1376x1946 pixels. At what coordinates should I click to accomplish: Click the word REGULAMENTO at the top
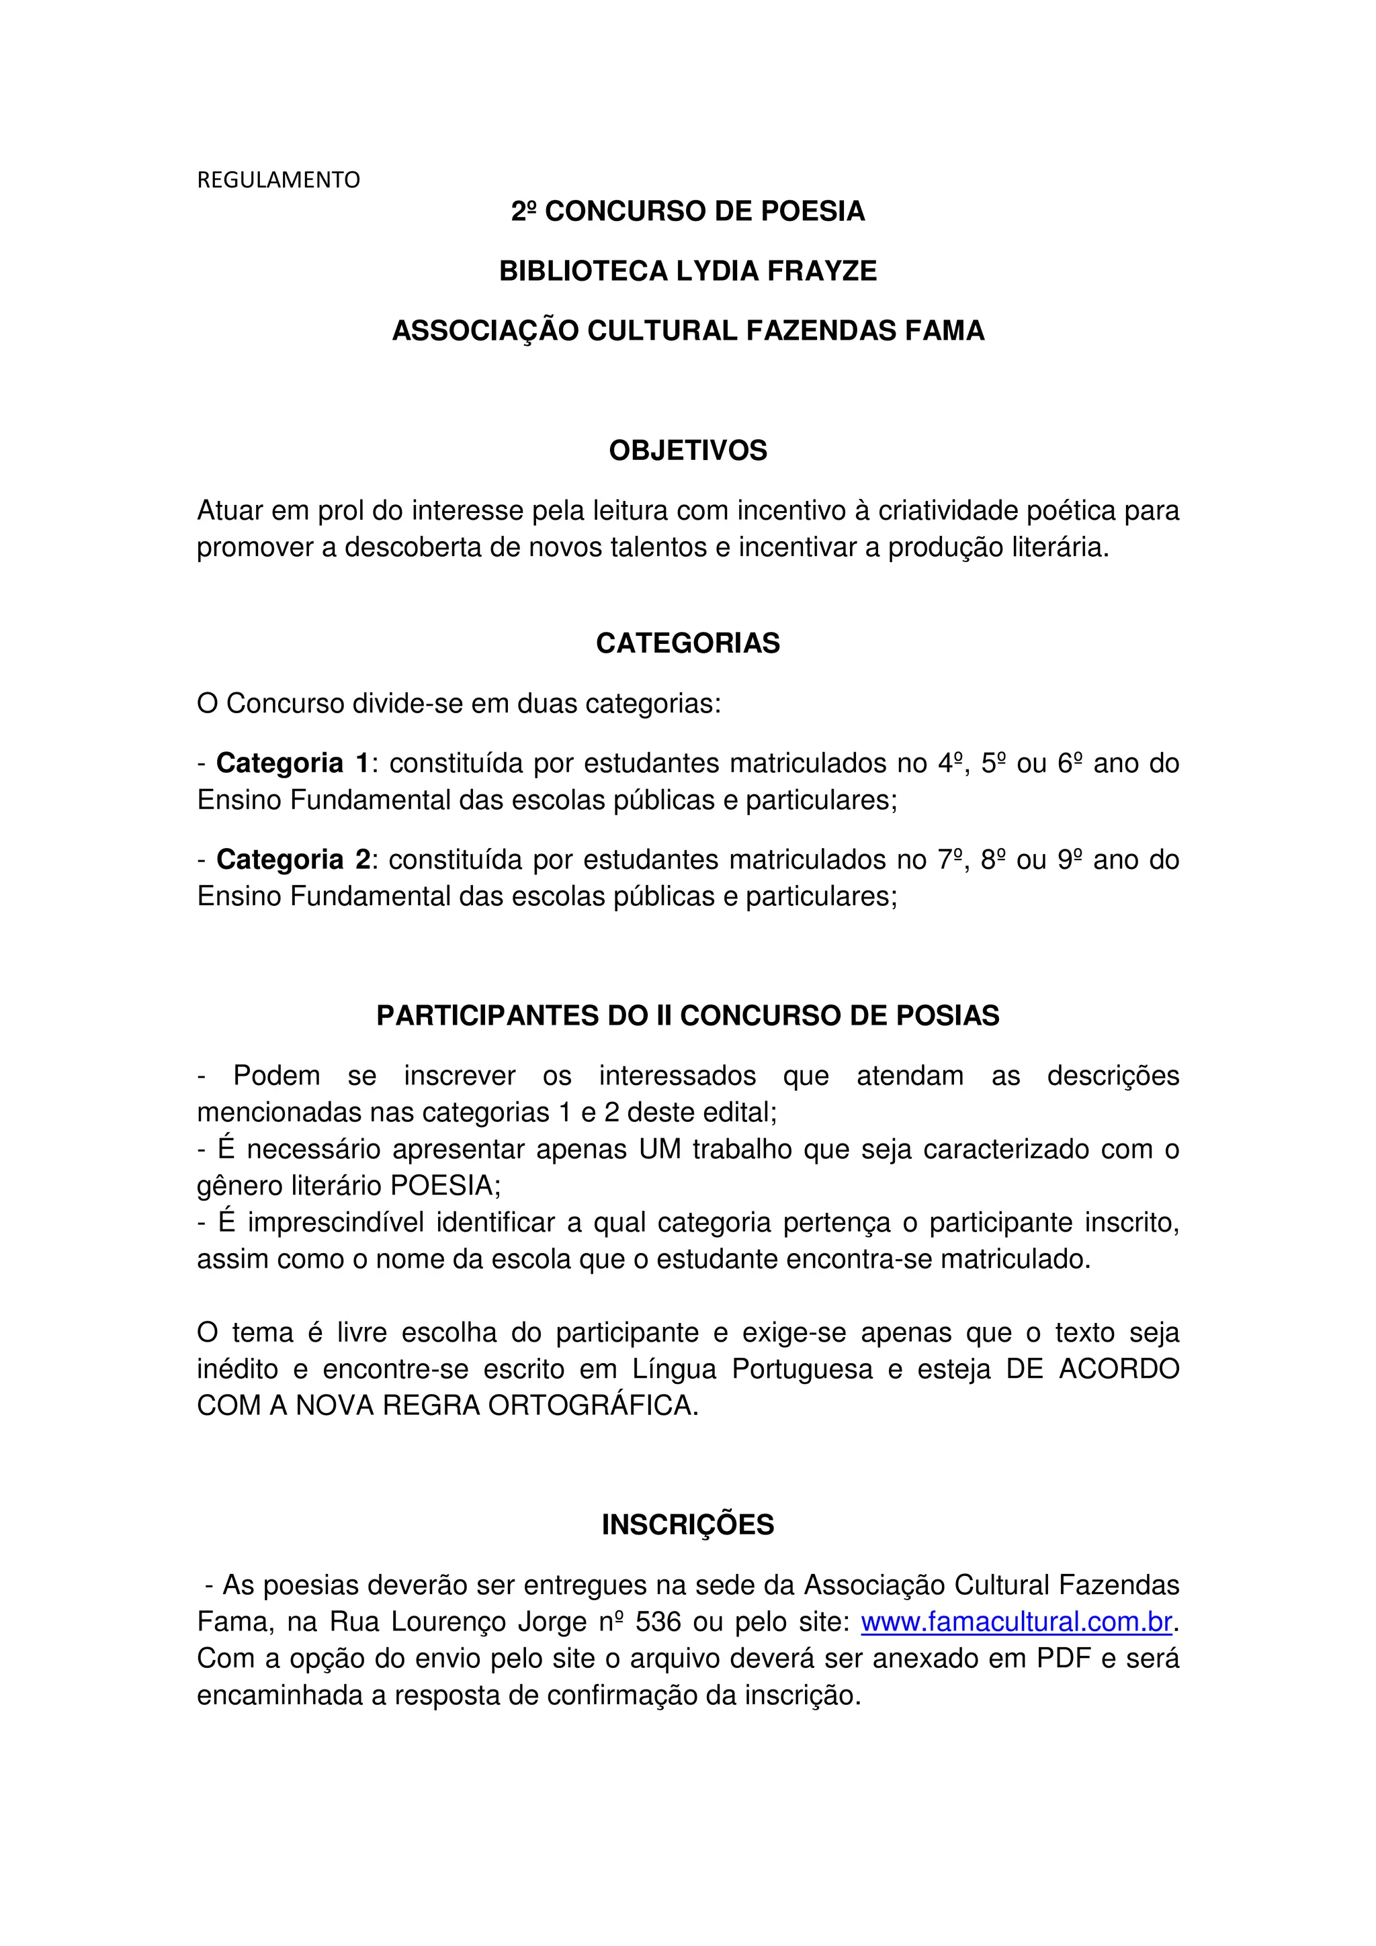point(278,180)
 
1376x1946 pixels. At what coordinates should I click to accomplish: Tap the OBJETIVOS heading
point(687,450)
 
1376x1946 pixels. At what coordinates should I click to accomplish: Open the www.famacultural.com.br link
point(1016,1622)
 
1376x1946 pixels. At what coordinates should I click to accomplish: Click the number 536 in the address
point(658,1622)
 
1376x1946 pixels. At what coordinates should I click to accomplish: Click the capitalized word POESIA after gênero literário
point(443,1185)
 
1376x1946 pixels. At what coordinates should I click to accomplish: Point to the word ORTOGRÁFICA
point(593,1405)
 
